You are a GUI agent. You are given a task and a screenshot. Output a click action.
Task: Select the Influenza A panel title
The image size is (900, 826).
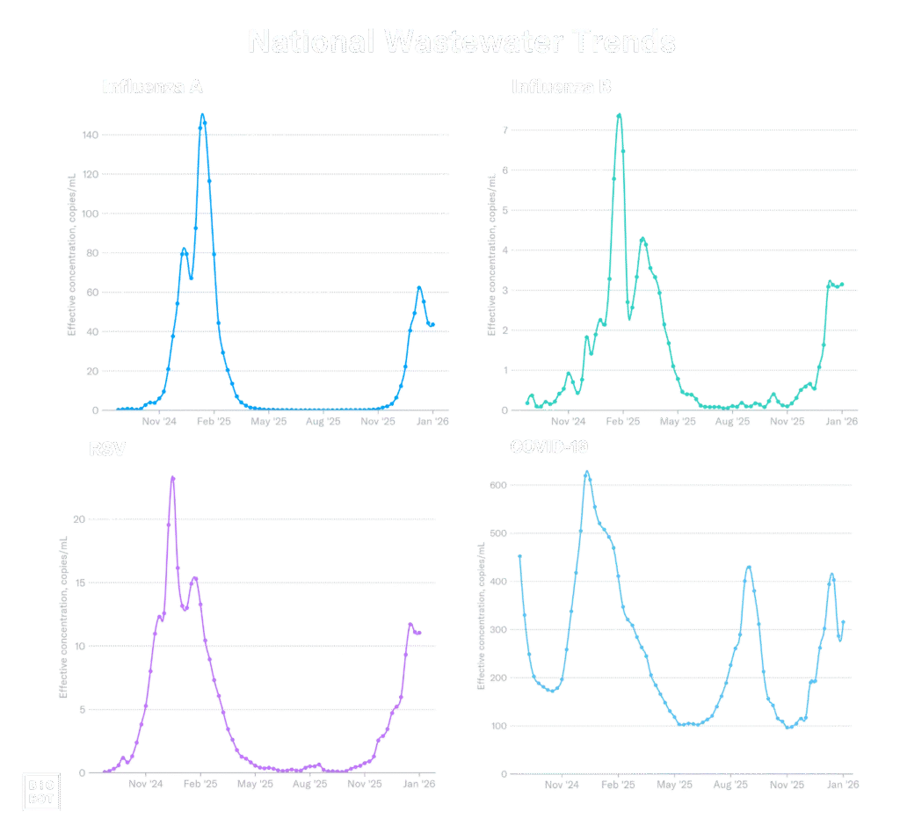153,87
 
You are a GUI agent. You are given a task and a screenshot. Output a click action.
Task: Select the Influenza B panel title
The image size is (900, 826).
562,87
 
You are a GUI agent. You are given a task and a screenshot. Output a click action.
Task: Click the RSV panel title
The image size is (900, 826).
107,449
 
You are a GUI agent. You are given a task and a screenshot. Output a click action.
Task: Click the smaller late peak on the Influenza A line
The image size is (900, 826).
420,287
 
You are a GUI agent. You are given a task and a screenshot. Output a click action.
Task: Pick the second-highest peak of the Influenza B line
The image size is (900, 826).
643,238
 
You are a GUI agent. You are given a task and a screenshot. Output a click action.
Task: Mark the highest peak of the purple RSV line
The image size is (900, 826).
172,476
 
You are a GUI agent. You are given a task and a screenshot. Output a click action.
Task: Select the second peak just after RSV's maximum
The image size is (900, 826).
194,578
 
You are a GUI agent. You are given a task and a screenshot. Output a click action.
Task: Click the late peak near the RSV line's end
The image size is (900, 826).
410,623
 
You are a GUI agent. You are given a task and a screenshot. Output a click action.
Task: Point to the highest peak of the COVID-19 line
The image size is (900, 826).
587,474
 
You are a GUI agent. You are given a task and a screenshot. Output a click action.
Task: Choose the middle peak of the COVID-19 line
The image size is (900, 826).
748,567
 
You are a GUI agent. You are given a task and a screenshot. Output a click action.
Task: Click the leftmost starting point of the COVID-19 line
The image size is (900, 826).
520,555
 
